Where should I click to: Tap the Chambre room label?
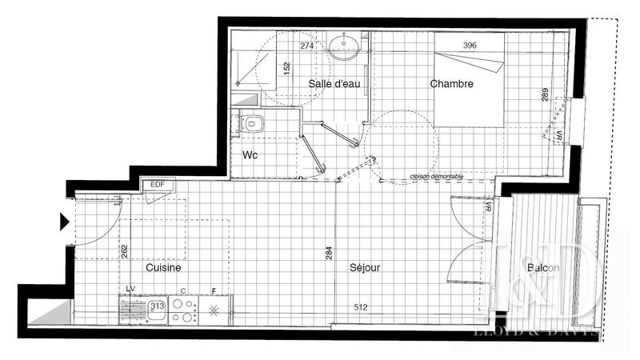451,83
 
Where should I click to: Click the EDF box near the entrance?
154,185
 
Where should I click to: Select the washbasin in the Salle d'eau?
346,44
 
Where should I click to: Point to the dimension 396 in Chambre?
470,46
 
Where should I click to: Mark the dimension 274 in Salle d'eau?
306,46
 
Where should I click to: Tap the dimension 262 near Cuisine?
123,251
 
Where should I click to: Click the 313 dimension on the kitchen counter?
157,304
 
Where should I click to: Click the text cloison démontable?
435,177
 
